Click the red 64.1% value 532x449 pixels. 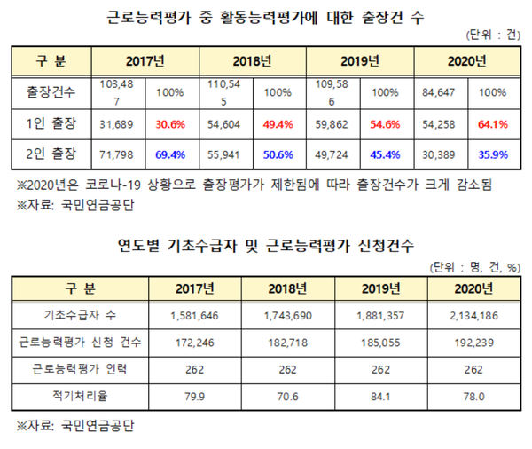click(x=493, y=125)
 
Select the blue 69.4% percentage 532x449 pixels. click(x=170, y=156)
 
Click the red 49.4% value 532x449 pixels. click(x=278, y=125)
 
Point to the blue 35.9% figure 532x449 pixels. click(x=493, y=156)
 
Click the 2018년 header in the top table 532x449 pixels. click(x=254, y=61)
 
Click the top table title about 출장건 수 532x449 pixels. click(x=266, y=15)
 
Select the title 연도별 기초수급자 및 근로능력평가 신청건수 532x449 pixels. click(x=266, y=242)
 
